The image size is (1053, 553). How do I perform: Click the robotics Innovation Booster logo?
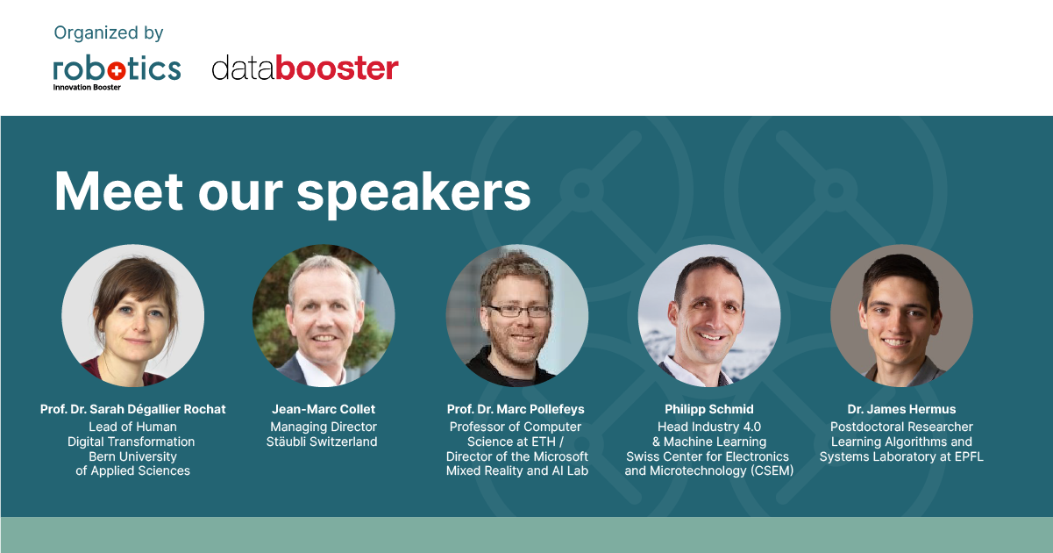tap(117, 73)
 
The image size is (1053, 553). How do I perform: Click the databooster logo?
tap(305, 68)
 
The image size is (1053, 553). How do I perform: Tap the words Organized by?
tap(109, 33)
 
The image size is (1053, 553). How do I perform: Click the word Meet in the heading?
tap(118, 191)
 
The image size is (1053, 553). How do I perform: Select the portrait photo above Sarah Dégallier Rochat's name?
tap(133, 315)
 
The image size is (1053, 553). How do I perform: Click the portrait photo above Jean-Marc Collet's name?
tap(324, 315)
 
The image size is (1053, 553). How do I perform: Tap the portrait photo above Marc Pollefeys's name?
tap(516, 315)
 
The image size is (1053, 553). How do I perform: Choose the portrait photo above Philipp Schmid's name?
tap(709, 315)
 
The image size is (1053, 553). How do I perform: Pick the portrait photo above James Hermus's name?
tap(901, 315)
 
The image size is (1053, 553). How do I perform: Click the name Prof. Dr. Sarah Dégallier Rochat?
tap(133, 409)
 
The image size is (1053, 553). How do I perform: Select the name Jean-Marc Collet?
tap(324, 409)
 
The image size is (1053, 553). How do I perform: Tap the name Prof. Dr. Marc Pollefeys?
tap(516, 409)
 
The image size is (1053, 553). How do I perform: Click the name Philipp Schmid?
tap(709, 409)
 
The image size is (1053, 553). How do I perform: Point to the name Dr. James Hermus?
tap(901, 409)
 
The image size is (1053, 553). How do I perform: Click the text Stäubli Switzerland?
tap(322, 442)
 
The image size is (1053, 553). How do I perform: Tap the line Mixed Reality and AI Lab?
tap(517, 470)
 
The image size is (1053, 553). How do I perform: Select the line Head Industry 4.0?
tap(709, 427)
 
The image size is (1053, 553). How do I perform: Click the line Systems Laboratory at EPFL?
tap(901, 456)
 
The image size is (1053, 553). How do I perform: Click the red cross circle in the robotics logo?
tap(117, 71)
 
